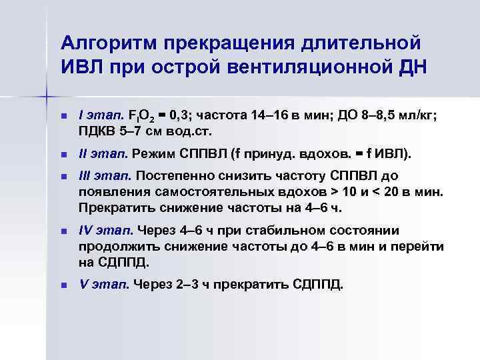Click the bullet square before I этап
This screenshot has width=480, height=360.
pyautogui.click(x=64, y=116)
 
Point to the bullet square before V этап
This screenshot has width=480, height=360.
pyautogui.click(x=64, y=285)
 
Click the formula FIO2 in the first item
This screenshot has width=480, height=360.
pyautogui.click(x=143, y=116)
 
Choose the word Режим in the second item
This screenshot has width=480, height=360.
pyautogui.click(x=153, y=154)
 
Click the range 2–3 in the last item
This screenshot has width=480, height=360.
pyautogui.click(x=177, y=285)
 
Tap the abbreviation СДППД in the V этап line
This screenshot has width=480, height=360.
pyautogui.click(x=316, y=285)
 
